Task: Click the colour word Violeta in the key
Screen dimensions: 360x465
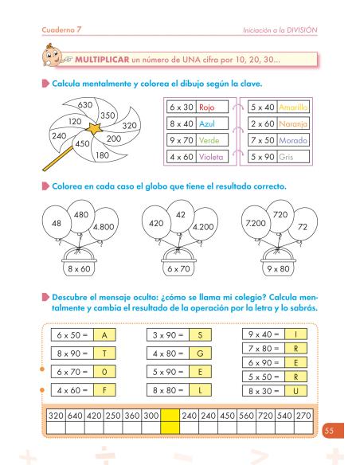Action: pyautogui.click(x=213, y=157)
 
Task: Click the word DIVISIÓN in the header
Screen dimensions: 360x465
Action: pyautogui.click(x=296, y=29)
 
